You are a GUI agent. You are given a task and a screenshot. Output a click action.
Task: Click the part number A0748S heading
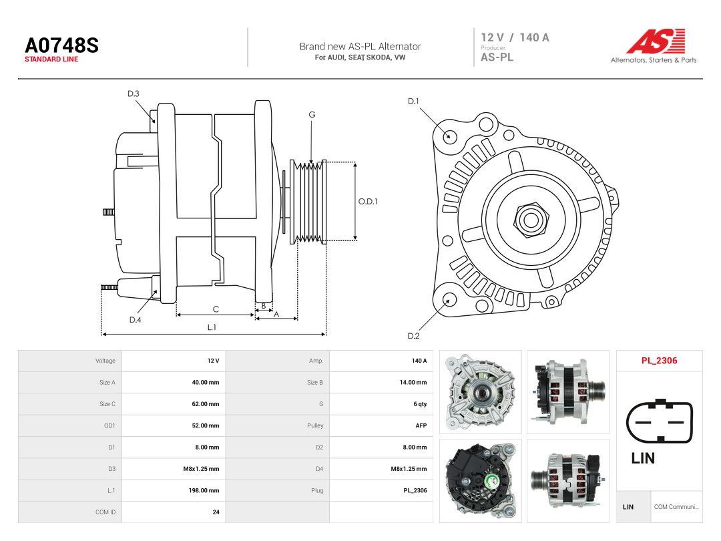click(61, 45)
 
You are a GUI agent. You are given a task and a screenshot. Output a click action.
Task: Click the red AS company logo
click(656, 41)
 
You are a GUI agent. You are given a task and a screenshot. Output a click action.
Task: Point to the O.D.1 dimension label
click(367, 202)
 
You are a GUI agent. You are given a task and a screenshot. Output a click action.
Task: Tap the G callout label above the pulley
click(312, 115)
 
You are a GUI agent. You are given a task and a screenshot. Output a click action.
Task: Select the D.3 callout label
click(134, 94)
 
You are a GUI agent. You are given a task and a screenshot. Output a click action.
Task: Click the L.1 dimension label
click(212, 327)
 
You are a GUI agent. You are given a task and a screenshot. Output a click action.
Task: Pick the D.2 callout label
click(413, 336)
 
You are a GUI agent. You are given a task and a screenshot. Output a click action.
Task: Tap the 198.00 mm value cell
click(204, 490)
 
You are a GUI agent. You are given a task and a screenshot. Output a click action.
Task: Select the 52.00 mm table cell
click(205, 425)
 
